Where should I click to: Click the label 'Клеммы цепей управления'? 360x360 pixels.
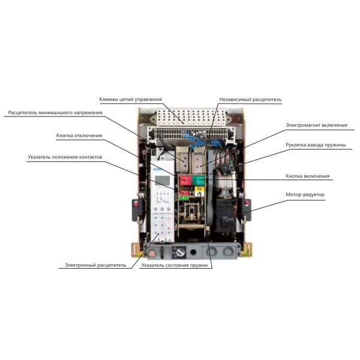click(130, 99)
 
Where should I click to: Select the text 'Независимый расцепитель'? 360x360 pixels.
click(250, 99)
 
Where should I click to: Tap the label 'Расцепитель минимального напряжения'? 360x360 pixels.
click(55, 112)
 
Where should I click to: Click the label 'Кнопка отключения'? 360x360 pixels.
click(79, 136)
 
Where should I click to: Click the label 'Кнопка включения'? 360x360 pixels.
click(307, 176)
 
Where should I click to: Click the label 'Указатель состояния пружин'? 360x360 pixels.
click(176, 264)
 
